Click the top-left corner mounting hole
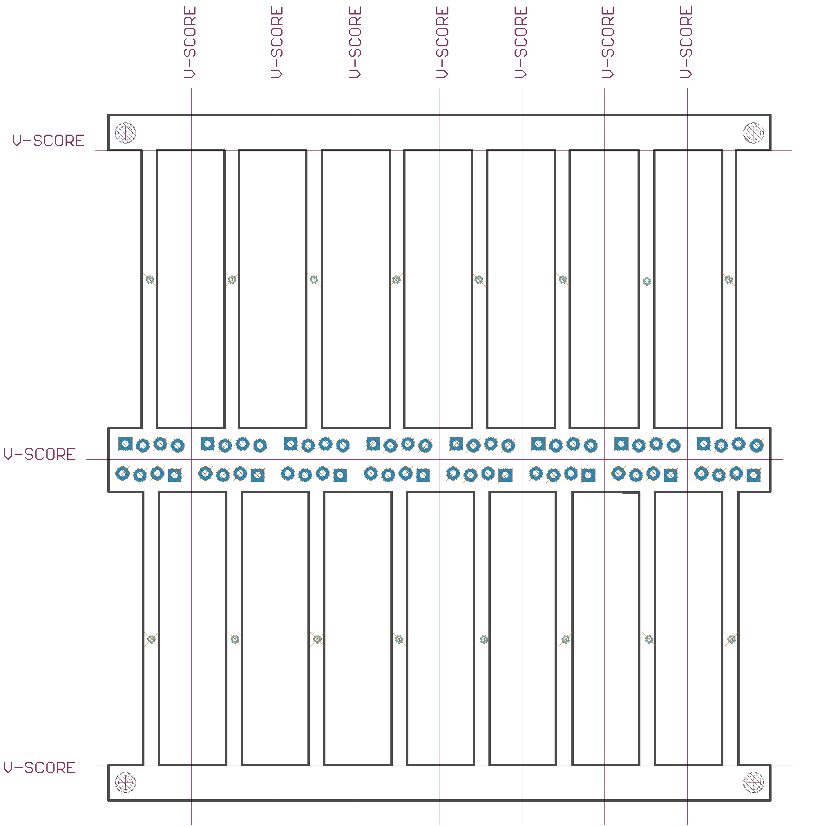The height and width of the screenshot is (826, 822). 125,133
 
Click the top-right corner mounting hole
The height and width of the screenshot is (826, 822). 753,133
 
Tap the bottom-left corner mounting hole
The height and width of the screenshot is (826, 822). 125,782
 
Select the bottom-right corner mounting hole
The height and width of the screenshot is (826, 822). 753,782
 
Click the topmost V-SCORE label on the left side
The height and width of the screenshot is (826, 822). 48,141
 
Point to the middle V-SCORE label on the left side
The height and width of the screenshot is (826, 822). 40,454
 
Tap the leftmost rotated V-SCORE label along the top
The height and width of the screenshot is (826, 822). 190,42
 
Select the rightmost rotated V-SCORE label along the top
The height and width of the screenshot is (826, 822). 686,42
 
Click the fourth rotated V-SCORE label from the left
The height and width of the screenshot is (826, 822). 442,42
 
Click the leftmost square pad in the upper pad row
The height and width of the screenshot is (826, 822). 125,444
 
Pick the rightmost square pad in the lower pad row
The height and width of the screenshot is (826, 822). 753,475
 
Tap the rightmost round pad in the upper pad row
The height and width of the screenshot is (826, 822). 756,445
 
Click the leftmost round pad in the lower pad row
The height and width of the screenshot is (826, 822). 122,474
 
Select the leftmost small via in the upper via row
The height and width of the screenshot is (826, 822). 150,280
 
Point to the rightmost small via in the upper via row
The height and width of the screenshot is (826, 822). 728,280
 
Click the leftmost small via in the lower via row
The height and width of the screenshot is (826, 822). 151,639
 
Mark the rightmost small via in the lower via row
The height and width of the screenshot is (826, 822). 732,639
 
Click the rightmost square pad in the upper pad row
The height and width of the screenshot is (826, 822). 704,444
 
